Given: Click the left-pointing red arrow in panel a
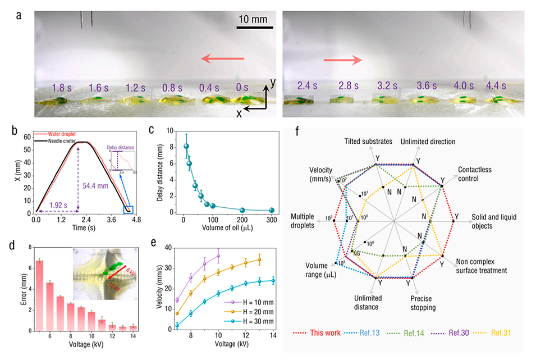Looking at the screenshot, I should pos(223,58).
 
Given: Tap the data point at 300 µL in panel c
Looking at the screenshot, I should pos(272,210).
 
